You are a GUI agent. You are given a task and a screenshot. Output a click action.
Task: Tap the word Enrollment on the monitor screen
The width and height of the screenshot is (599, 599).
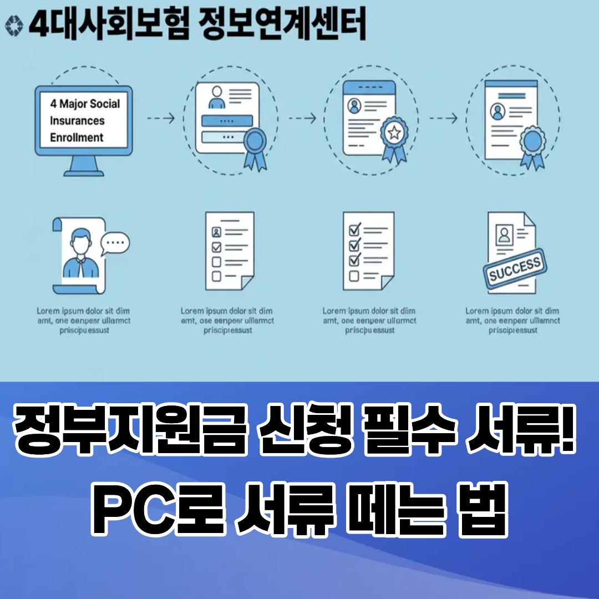[77, 137]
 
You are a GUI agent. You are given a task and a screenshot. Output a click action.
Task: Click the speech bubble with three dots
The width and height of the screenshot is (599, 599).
[115, 242]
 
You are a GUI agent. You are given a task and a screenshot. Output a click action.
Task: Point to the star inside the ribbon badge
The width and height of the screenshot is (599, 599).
[394, 133]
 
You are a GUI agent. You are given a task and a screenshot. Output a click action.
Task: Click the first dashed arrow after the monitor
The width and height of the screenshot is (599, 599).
[161, 118]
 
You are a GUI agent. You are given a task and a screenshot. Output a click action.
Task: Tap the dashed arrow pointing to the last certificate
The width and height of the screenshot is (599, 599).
[444, 118]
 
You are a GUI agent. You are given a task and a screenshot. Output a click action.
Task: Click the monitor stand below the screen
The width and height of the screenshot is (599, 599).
[84, 167]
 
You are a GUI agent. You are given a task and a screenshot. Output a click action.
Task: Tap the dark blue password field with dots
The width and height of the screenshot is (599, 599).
[227, 120]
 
